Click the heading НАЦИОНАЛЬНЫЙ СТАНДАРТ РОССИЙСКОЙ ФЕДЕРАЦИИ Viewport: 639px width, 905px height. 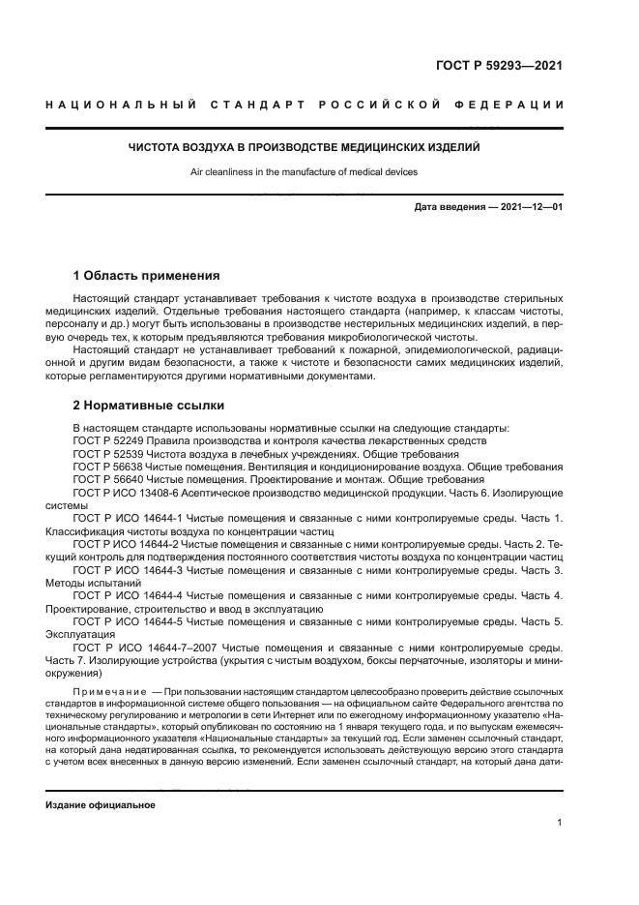click(x=305, y=105)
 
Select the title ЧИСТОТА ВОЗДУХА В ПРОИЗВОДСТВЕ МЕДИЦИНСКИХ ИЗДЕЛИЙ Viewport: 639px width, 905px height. click(x=305, y=148)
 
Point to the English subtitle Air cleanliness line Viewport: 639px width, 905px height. click(x=305, y=171)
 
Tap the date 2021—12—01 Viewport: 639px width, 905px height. click(x=531, y=208)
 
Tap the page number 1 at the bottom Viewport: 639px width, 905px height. click(x=560, y=823)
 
